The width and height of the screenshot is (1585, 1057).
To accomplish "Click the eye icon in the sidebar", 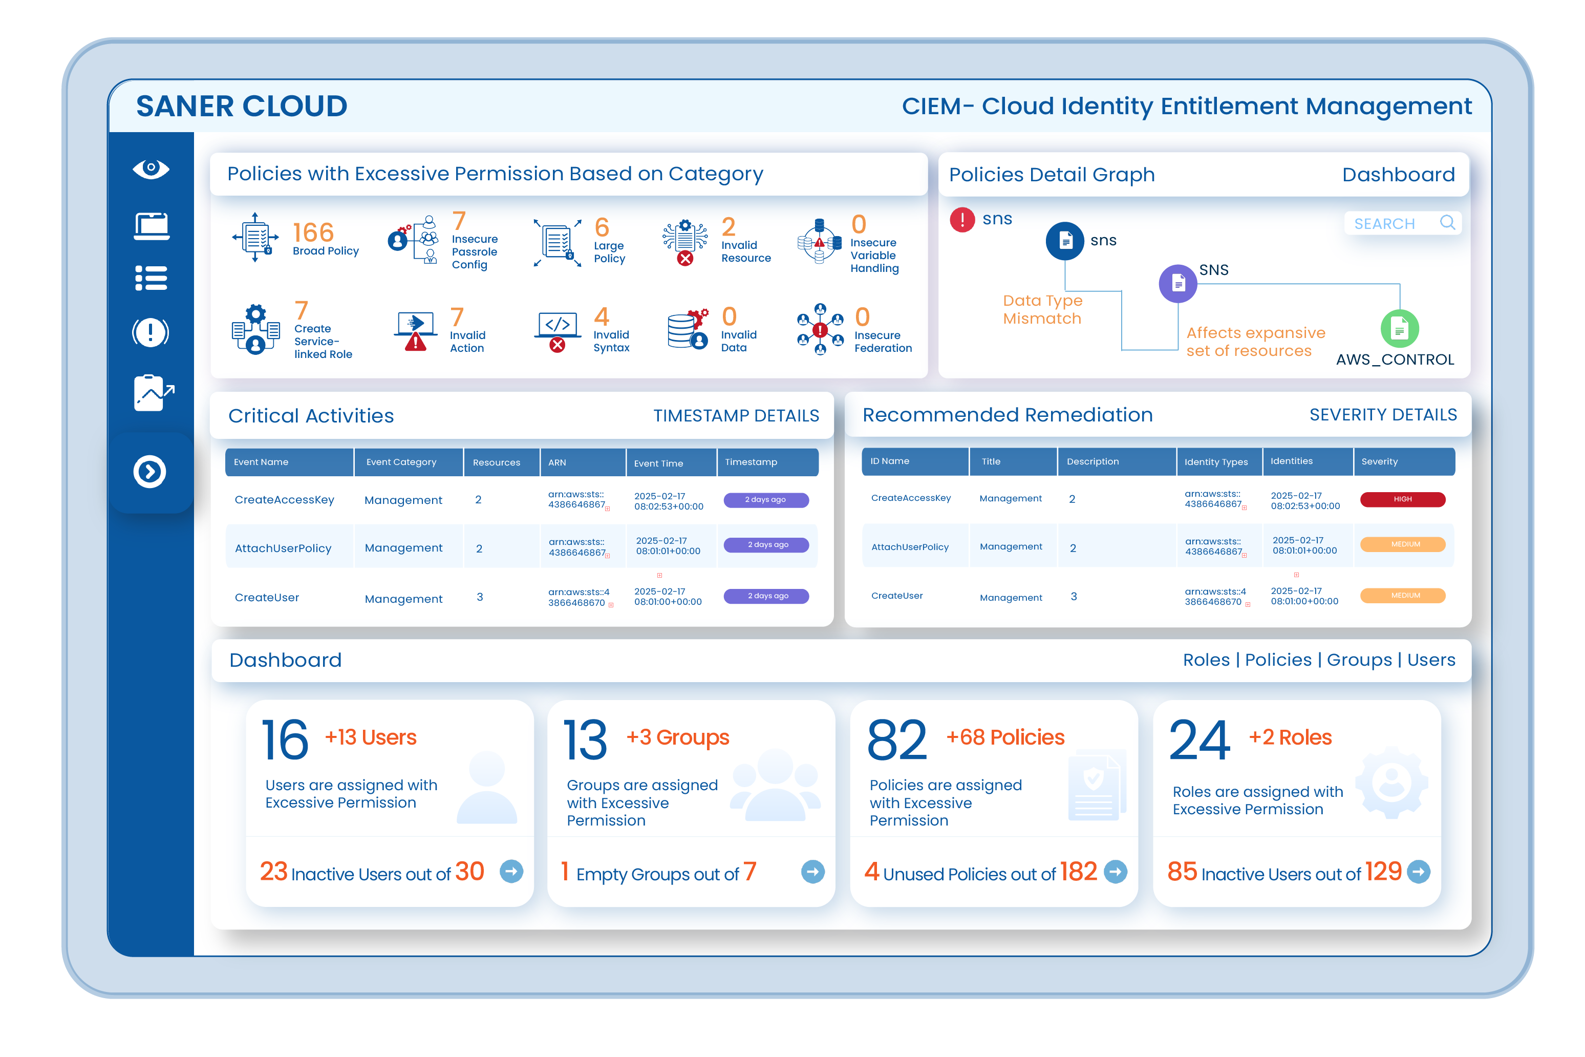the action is click(x=151, y=168).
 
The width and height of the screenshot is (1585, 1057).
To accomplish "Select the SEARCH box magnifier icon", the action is click(x=1447, y=222).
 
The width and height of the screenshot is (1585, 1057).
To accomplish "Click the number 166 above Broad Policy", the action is click(x=313, y=232).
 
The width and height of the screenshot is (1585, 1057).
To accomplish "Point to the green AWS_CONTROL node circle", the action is click(x=1400, y=329).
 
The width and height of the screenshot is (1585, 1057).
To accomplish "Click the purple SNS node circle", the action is click(x=1178, y=283).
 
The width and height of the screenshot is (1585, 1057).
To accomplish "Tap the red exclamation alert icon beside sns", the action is click(x=962, y=220).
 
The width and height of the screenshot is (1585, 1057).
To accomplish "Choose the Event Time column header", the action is click(x=658, y=462).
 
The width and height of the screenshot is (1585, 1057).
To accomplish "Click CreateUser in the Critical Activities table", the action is click(x=267, y=597).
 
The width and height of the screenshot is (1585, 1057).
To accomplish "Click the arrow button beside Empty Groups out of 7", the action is click(x=812, y=872).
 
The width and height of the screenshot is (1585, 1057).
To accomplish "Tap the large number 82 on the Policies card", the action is click(x=897, y=739).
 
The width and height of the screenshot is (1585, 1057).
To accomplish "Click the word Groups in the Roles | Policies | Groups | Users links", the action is click(x=1359, y=660).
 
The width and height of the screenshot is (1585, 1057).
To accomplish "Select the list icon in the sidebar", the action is click(x=151, y=278).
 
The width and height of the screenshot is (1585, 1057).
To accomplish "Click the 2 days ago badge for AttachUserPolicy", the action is click(x=766, y=545).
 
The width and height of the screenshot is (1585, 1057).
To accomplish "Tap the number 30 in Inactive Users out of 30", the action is click(x=469, y=872).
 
